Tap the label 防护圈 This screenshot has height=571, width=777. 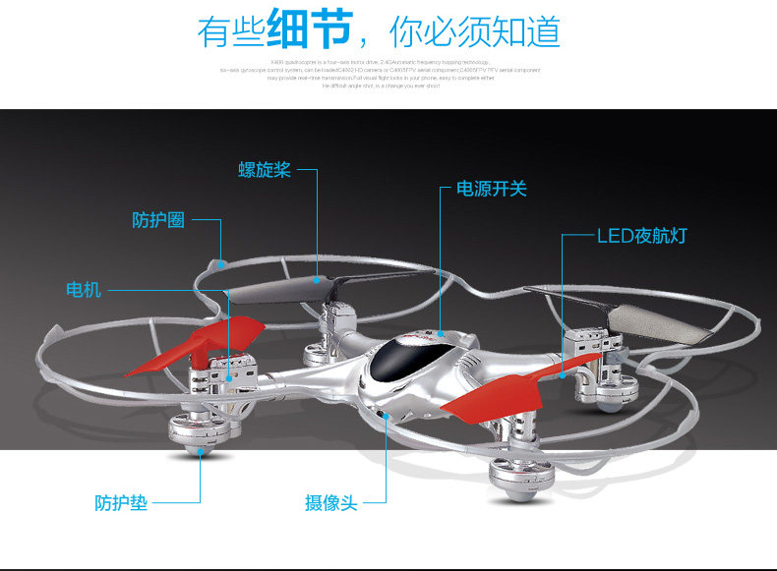click(158, 220)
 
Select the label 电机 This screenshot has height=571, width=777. click(83, 290)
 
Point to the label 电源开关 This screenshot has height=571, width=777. click(491, 188)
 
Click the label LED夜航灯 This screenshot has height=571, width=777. click(642, 236)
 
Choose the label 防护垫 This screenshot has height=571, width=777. click(121, 502)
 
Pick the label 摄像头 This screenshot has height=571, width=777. click(330, 503)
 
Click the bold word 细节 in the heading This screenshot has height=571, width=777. click(309, 30)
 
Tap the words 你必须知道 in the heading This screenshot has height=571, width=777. click(475, 32)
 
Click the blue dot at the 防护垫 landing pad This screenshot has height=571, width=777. click(202, 453)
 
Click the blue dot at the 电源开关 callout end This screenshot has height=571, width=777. click(442, 335)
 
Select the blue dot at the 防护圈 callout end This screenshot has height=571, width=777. click(222, 263)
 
